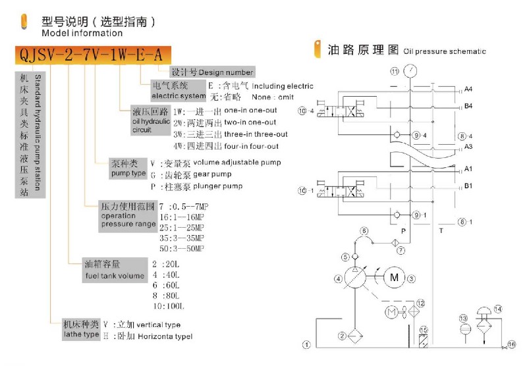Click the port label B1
coord(468,186)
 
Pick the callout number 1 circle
coord(306,344)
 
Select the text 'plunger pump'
coord(217,186)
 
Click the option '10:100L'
coord(166,307)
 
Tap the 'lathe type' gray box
coord(81,330)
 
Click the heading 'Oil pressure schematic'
coord(445,51)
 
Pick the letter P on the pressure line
coord(402,231)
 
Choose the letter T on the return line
coord(441,231)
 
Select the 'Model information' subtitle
coord(82,33)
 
